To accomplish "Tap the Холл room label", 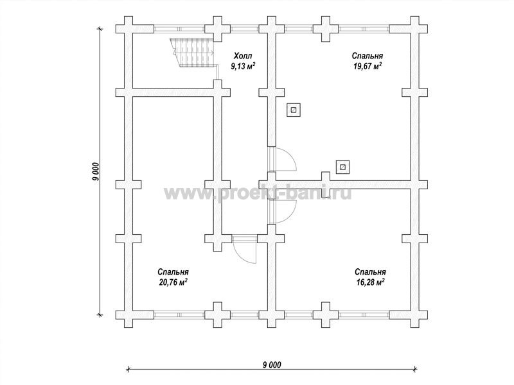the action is click(243, 55).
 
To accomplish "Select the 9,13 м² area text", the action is click(243, 67).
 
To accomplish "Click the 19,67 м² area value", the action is click(367, 67).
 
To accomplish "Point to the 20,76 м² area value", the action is click(173, 282).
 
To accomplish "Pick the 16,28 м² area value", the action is click(370, 282).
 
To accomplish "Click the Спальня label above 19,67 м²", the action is click(367, 56).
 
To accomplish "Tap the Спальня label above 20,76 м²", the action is click(173, 271).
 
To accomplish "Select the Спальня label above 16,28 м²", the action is click(370, 271).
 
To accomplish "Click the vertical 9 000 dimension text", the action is click(95, 171).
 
